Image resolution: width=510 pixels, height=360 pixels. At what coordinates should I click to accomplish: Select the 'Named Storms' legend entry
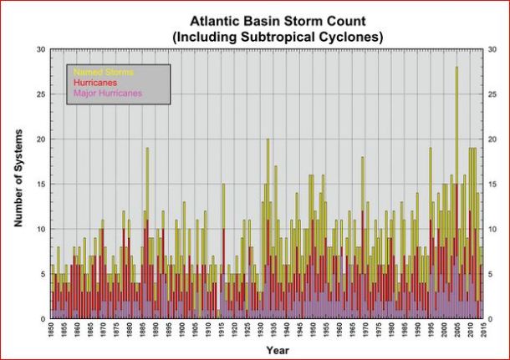(x=103, y=73)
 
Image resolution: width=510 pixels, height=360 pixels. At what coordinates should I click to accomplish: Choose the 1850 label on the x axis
(x=53, y=332)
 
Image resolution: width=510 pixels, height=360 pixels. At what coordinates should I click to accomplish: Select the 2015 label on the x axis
(x=482, y=332)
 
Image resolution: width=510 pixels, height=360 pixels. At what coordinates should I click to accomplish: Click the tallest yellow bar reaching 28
(x=456, y=125)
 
